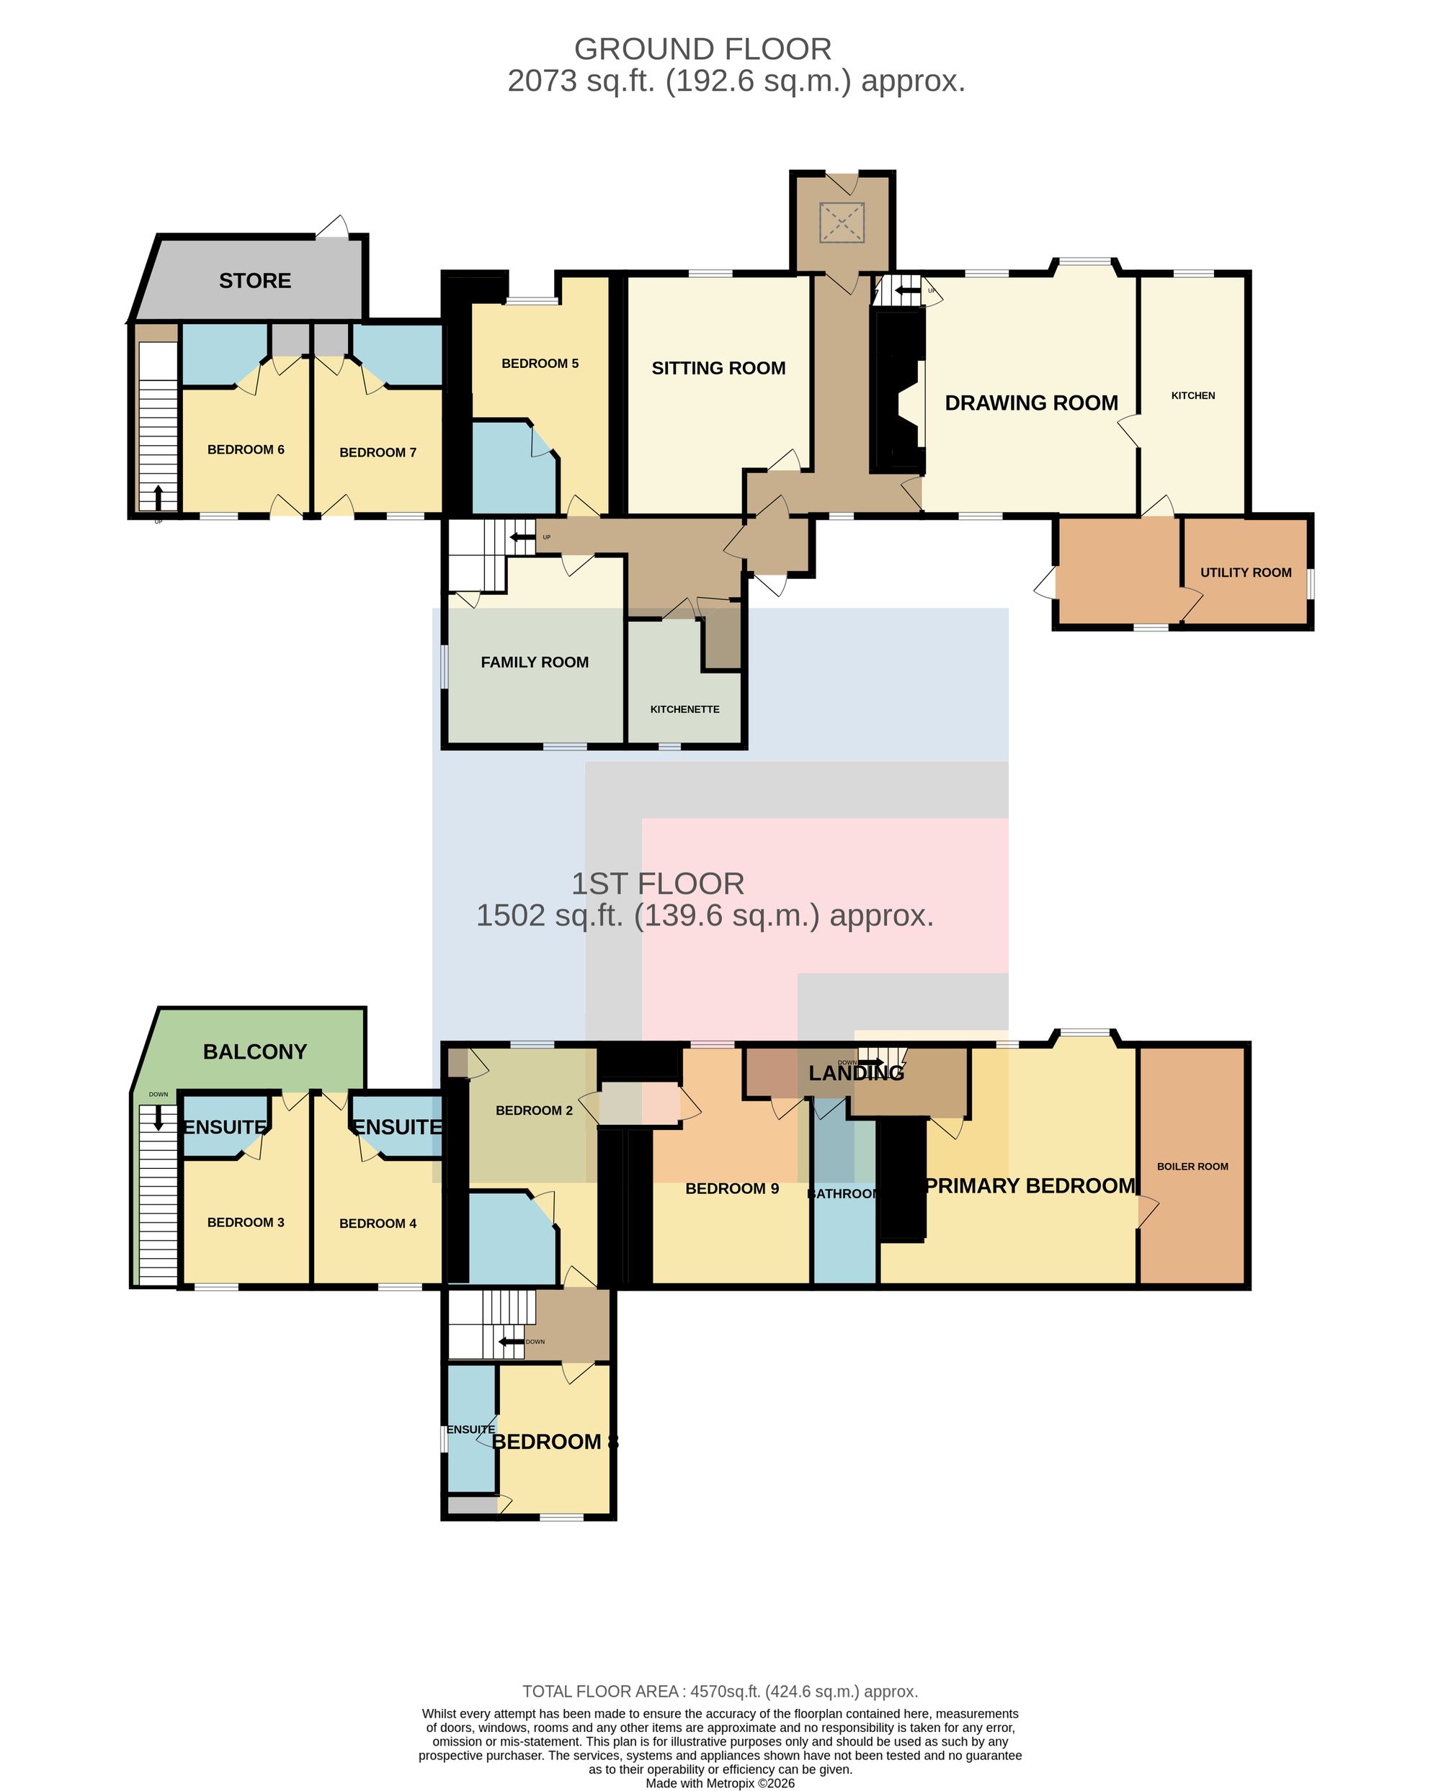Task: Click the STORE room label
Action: [255, 281]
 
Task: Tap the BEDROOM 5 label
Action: [540, 363]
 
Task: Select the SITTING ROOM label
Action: [718, 368]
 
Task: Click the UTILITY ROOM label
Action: [1246, 573]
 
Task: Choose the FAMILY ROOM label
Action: [535, 662]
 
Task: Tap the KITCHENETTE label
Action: [684, 709]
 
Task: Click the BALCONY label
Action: [255, 1051]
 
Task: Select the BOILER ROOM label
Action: [1192, 1167]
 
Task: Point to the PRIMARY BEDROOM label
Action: [1030, 1185]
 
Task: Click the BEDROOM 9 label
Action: [732, 1189]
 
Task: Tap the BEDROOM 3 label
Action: [246, 1222]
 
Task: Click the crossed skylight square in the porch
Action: [843, 222]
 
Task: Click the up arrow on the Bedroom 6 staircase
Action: [158, 497]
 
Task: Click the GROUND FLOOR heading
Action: [703, 49]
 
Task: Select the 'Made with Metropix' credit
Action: [720, 1782]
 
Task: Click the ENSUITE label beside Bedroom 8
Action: [470, 1429]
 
